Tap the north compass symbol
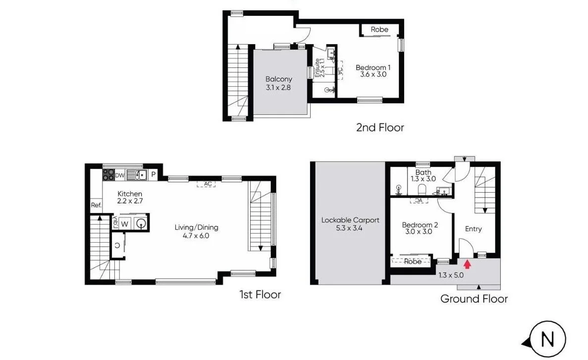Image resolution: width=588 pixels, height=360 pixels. pyautogui.click(x=547, y=340)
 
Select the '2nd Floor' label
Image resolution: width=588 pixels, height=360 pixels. pyautogui.click(x=380, y=127)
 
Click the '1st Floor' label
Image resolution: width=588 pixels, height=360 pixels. pyautogui.click(x=260, y=295)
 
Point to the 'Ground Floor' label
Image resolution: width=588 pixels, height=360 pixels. pyautogui.click(x=474, y=299)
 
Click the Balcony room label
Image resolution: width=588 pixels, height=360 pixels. pyautogui.click(x=278, y=83)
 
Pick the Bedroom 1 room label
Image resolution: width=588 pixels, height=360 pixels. pyautogui.click(x=373, y=71)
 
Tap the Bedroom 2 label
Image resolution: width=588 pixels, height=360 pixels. pyautogui.click(x=420, y=228)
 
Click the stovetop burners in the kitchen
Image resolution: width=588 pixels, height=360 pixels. pyautogui.click(x=108, y=174)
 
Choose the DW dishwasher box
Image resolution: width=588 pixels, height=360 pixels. pyautogui.click(x=119, y=175)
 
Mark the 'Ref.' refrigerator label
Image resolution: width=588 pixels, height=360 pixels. pyautogui.click(x=96, y=205)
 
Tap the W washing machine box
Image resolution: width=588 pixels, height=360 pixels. pyautogui.click(x=124, y=223)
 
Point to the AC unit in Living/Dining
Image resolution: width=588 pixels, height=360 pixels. pyautogui.click(x=208, y=184)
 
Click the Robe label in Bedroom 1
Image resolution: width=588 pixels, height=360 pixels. pyautogui.click(x=379, y=30)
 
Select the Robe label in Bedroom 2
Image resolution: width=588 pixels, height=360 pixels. pyautogui.click(x=413, y=261)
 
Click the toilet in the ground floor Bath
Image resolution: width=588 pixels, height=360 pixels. pyautogui.click(x=423, y=190)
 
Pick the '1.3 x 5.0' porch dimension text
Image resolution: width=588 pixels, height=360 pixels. pyautogui.click(x=451, y=275)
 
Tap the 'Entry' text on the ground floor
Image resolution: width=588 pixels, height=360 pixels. pyautogui.click(x=473, y=229)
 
